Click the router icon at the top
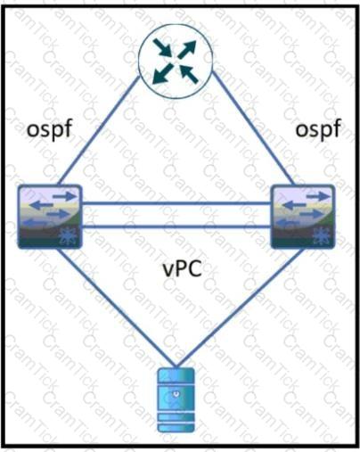(176, 61)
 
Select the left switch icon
(50, 217)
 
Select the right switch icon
(304, 217)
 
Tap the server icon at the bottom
(176, 400)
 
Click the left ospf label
(50, 130)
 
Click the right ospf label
(318, 130)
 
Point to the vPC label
(183, 269)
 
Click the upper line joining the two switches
(176, 203)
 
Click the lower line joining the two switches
(176, 227)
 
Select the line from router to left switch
(99, 130)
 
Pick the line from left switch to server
(116, 308)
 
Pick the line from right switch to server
(241, 308)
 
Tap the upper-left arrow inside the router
(162, 47)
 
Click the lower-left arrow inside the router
(162, 73)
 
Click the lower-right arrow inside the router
(189, 74)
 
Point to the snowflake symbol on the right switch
(321, 237)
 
